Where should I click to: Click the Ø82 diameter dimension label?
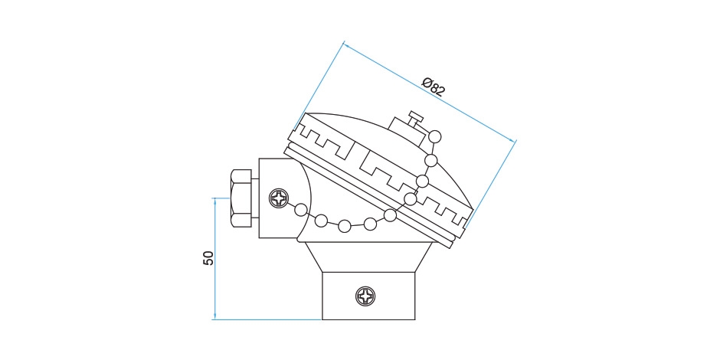pos(434,87)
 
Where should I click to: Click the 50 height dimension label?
pos(208,258)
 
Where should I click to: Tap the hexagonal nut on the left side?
pos(241,198)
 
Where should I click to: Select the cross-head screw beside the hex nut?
pos(279,198)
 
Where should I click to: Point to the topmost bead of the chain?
pos(434,136)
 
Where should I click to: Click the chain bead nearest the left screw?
pos(300,211)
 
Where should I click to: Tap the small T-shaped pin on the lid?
pos(416,118)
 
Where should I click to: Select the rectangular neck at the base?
pos(368,296)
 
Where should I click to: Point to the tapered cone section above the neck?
pos(368,257)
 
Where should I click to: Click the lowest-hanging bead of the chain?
pos(345,225)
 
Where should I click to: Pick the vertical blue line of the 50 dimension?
pos(215,259)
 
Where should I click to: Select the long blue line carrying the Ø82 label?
pos(430,92)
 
